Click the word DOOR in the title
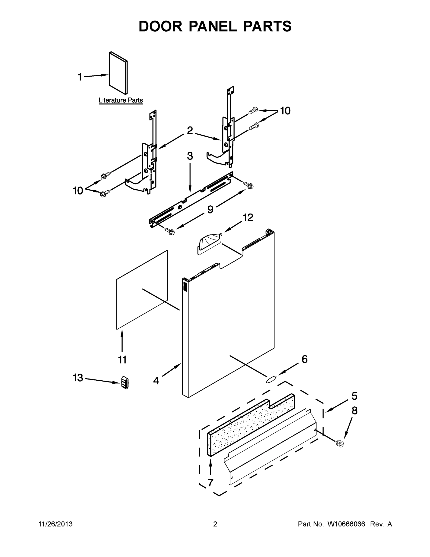click(x=160, y=26)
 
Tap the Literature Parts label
click(x=121, y=100)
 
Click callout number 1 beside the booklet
click(x=80, y=77)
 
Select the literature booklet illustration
click(x=118, y=73)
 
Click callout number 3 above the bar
click(x=190, y=156)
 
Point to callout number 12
click(x=248, y=217)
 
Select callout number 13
click(x=78, y=378)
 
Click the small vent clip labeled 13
click(x=124, y=382)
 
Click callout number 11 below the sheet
click(x=122, y=360)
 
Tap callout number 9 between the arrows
click(x=210, y=209)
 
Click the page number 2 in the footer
click(x=215, y=524)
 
